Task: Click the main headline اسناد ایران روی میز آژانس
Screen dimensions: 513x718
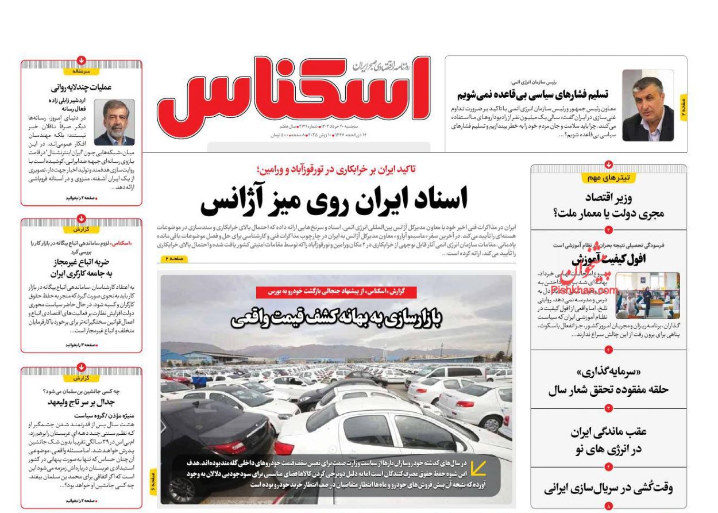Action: coord(334,199)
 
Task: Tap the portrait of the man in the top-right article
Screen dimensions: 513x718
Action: coord(648,105)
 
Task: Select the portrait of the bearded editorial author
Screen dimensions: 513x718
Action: coord(114,122)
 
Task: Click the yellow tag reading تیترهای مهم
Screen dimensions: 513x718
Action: coord(608,178)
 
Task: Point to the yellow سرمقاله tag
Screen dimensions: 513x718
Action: coord(82,71)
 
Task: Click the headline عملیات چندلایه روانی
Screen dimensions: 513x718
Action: coord(81,87)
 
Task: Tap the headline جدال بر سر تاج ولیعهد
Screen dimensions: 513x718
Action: coord(81,402)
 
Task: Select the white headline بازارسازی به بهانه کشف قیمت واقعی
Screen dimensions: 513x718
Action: coord(336,319)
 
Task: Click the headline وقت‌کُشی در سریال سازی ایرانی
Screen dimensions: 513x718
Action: coord(608,488)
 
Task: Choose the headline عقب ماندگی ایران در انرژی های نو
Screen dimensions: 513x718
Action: coord(608,441)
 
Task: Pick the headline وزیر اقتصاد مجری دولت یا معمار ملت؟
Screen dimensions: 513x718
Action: coord(608,205)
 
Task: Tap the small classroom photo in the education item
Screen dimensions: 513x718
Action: coord(647,296)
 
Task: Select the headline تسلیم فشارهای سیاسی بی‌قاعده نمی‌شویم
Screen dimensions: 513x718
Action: coord(532,94)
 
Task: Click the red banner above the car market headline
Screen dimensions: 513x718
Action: coord(336,292)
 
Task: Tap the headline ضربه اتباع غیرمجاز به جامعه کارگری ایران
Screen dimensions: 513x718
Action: coord(81,268)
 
